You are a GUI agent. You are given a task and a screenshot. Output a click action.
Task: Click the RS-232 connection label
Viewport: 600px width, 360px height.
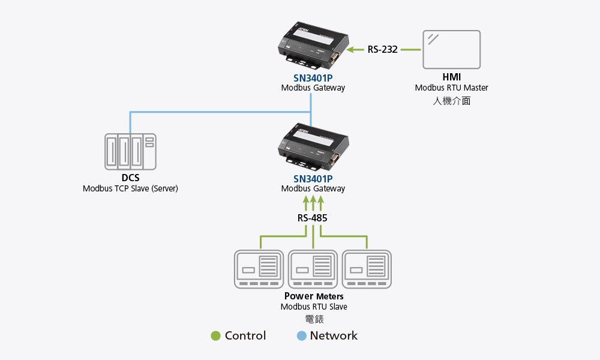(x=383, y=49)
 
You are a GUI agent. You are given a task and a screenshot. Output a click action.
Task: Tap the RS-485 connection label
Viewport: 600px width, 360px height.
(x=313, y=218)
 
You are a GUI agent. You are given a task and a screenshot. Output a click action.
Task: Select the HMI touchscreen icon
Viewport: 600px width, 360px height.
(x=451, y=49)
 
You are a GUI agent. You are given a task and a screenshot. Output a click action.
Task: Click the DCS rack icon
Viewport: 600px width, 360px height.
(x=130, y=151)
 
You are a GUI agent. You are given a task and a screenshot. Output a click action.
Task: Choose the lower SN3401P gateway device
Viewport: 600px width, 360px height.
(x=313, y=148)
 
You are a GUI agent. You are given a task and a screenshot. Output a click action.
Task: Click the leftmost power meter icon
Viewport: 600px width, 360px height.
(x=259, y=269)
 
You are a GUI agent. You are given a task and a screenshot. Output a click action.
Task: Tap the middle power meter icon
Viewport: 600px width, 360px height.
(x=313, y=269)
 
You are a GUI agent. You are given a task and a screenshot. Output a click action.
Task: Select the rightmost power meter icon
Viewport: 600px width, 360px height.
(x=367, y=269)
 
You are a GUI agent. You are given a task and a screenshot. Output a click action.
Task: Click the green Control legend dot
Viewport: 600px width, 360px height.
(x=216, y=336)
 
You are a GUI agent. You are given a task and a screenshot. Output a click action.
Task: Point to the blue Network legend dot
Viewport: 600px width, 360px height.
(x=301, y=336)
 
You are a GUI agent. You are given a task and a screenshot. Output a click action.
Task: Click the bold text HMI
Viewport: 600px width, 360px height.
(x=451, y=77)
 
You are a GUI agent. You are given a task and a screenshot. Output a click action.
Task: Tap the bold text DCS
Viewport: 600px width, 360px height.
(x=130, y=178)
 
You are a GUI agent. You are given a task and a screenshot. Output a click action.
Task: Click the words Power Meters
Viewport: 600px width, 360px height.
(x=314, y=296)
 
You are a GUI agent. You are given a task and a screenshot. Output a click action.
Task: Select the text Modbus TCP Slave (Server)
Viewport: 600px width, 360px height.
(x=130, y=188)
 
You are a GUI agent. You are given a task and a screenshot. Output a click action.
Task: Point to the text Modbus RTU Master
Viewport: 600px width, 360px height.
(x=451, y=88)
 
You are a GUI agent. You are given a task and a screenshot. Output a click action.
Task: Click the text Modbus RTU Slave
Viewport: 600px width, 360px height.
(x=314, y=307)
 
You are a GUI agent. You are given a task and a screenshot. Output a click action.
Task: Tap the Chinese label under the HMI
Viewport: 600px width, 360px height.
(x=451, y=101)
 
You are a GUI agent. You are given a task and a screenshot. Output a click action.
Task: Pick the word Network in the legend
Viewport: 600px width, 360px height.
(x=334, y=336)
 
